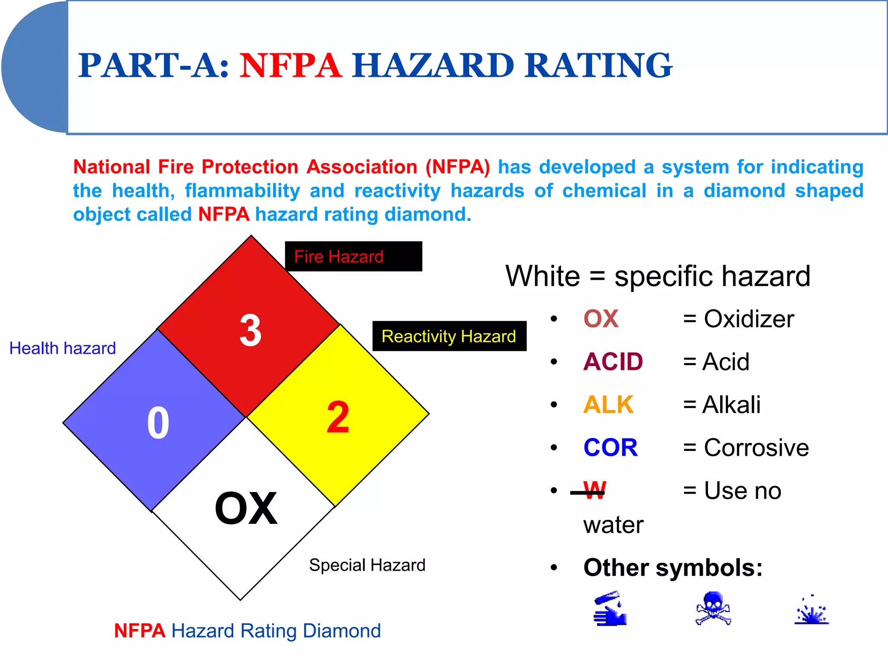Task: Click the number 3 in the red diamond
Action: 251,330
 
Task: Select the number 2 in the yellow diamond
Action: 338,417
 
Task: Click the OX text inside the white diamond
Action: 246,508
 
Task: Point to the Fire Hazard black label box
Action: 353,256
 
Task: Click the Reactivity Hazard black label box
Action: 449,336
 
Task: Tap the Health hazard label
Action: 62,348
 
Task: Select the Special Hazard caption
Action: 367,565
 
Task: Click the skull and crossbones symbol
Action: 713,608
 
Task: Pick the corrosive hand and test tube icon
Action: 610,608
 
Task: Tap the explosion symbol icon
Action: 812,610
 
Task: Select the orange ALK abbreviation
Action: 608,405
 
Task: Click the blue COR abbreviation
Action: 610,447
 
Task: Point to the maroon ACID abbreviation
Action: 613,362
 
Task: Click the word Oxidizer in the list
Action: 749,319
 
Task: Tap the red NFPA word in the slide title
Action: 291,65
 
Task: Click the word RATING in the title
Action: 598,65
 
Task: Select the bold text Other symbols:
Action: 673,567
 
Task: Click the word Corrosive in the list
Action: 756,447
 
